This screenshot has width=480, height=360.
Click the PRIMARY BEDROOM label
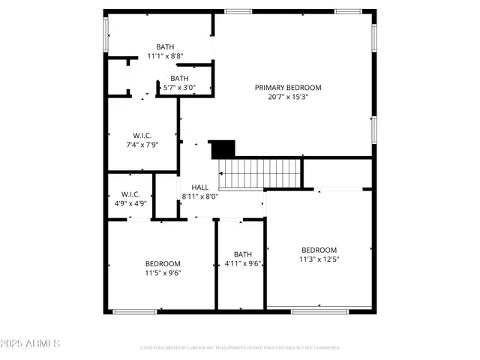point(287,87)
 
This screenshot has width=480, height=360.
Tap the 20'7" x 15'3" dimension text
point(287,97)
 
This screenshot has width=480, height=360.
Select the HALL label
point(199,187)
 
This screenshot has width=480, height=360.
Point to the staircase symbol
point(259,174)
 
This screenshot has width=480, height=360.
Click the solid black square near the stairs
point(223,149)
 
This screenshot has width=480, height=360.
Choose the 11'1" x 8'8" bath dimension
point(165,56)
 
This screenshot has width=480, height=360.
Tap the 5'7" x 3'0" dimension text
point(179,88)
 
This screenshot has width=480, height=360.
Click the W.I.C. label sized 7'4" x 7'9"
point(142,135)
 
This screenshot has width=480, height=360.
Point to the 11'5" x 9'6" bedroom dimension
point(163,273)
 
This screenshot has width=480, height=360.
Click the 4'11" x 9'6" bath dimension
point(243,263)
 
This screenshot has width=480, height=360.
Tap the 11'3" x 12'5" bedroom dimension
point(319,259)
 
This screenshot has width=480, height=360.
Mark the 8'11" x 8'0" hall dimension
point(199,196)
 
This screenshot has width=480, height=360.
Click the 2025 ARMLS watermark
point(31,343)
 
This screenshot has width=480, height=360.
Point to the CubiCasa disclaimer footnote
point(240,348)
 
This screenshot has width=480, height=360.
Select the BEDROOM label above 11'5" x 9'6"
point(163,263)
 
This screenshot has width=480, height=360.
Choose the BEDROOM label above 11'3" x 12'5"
point(319,250)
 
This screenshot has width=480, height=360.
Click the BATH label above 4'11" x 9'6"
point(243,253)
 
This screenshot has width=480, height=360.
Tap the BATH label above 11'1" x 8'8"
point(165,46)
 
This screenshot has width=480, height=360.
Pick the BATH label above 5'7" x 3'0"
point(179,78)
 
